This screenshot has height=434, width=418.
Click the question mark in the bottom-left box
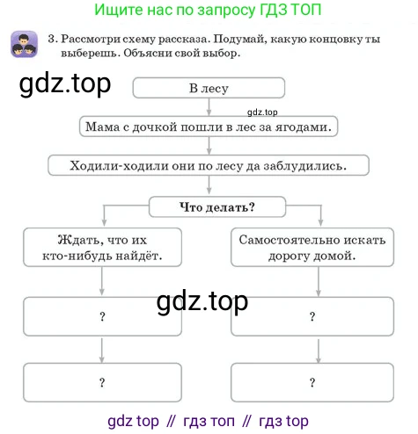coord(102,382)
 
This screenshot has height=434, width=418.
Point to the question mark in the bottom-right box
coord(312,382)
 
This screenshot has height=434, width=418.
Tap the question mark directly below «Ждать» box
coord(102,316)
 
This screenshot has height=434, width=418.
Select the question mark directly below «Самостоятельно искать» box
coord(312,316)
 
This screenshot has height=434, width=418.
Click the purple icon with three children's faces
coord(24,44)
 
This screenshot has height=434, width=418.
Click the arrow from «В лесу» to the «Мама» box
coord(209,107)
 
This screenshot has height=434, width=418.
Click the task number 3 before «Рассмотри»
coord(52,39)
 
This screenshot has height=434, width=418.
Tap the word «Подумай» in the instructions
coord(240,40)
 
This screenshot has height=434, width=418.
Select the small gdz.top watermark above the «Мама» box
coord(262,112)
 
